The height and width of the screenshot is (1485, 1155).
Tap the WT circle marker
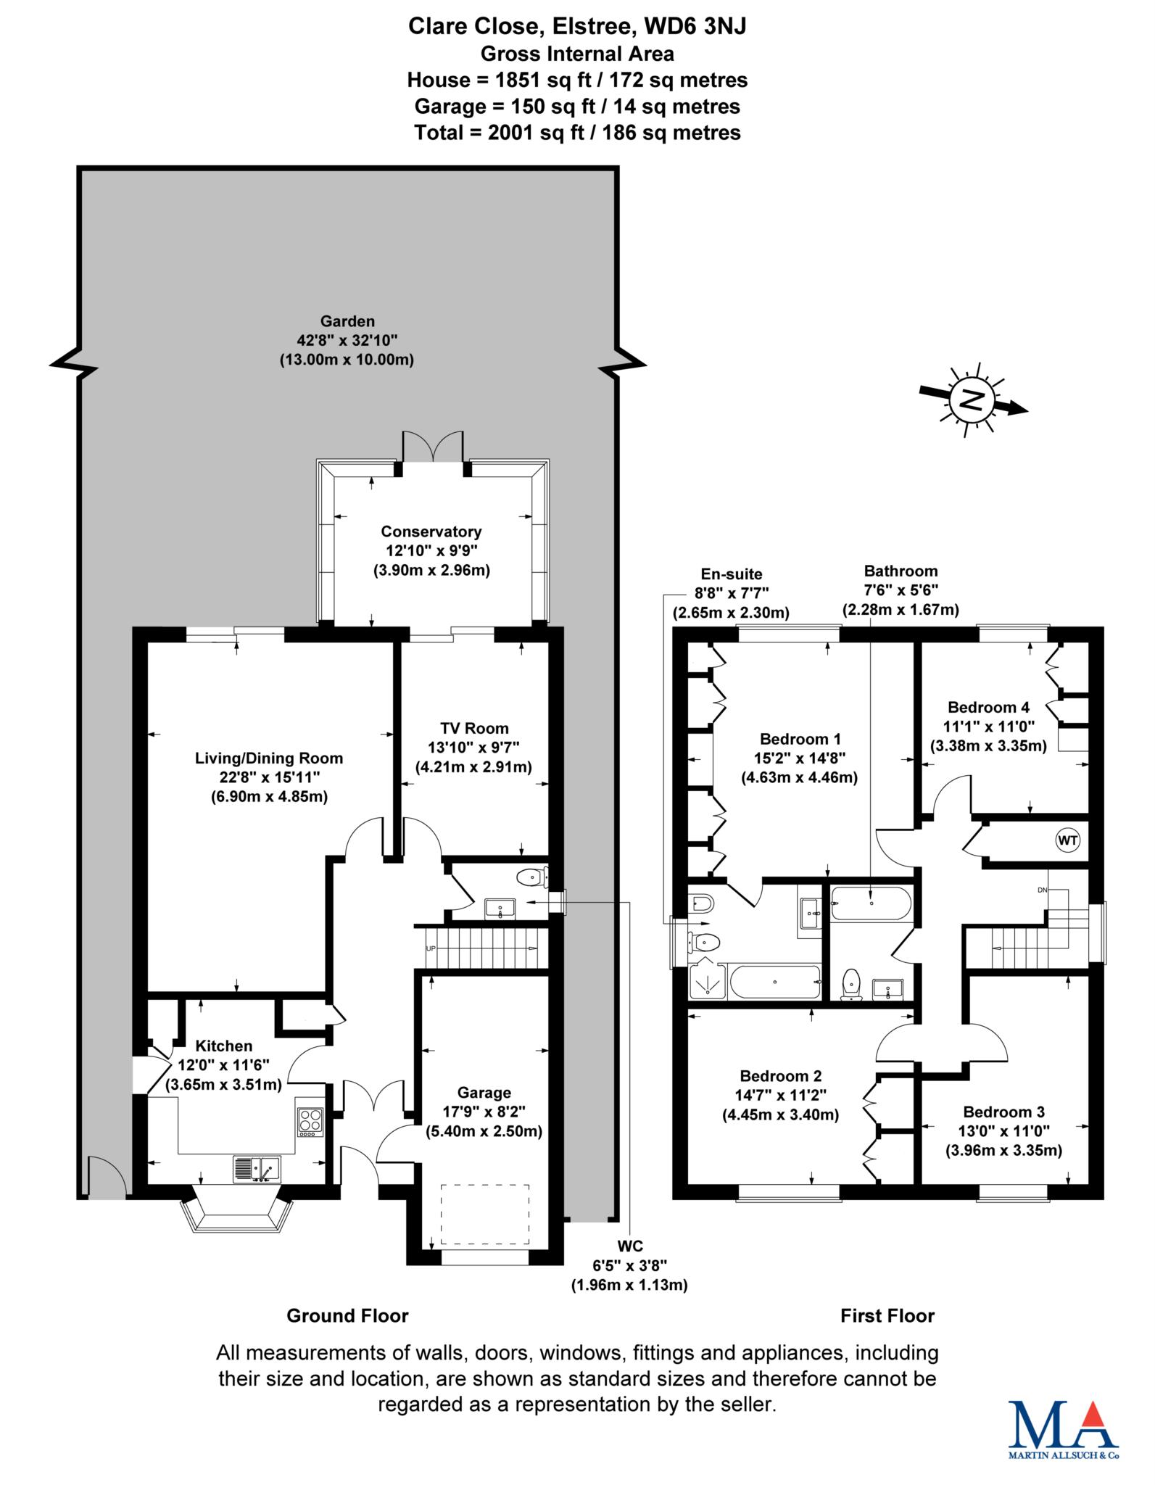point(1067,841)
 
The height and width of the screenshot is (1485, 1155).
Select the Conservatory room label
point(431,550)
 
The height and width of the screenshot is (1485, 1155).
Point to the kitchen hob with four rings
point(310,1122)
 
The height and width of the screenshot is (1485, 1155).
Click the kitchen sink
point(257,1168)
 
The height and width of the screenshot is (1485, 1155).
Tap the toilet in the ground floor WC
point(533,877)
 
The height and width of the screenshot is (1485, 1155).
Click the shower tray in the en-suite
point(706,981)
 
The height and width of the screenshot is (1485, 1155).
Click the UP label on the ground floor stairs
point(431,948)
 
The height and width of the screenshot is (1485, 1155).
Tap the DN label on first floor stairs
point(1043,890)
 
